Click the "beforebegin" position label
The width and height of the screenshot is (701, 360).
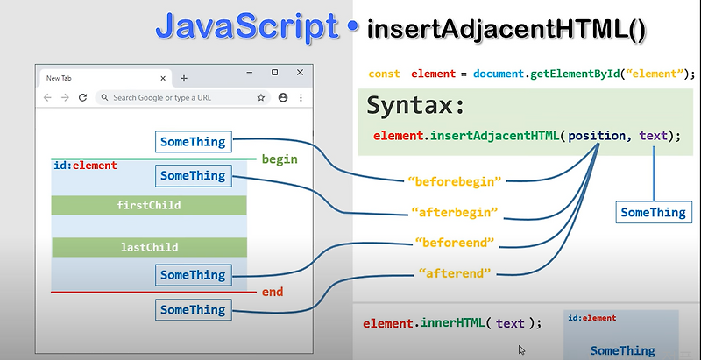point(454,181)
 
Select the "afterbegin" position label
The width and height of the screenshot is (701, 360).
point(455,212)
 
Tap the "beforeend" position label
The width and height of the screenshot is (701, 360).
point(454,242)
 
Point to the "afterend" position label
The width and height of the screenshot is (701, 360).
point(454,272)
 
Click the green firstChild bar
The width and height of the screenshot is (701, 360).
point(149,205)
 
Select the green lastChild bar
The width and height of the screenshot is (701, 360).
point(149,247)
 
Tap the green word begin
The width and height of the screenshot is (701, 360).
point(280,159)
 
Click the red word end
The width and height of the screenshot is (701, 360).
point(273,292)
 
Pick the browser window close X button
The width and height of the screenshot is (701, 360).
point(300,72)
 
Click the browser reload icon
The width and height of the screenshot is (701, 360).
point(82,97)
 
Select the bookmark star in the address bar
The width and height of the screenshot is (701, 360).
point(261,97)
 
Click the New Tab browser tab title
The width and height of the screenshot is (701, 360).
point(59,78)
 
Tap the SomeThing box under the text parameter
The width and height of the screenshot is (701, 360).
point(653,212)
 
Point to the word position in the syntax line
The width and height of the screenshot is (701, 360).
point(598,136)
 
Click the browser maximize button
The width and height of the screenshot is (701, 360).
point(274,72)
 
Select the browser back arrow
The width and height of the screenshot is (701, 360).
point(47,97)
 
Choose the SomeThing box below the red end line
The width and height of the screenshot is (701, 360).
point(193,310)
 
